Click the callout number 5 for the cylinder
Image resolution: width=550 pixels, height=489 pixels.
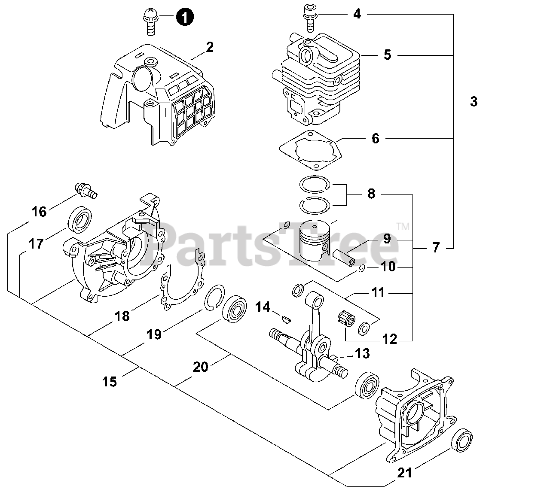pyautogui.click(x=387, y=55)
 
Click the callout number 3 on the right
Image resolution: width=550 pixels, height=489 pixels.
pyautogui.click(x=474, y=102)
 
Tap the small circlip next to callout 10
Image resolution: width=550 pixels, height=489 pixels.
pyautogui.click(x=362, y=269)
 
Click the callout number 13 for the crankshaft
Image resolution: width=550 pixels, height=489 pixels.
pyautogui.click(x=362, y=353)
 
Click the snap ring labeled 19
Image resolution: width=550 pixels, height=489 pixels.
pyautogui.click(x=212, y=297)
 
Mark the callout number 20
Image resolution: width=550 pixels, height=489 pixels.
pyautogui.click(x=201, y=367)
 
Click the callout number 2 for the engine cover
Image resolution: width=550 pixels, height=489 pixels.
pyautogui.click(x=209, y=47)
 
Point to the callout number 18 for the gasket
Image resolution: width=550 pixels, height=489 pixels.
pyautogui.click(x=122, y=316)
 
